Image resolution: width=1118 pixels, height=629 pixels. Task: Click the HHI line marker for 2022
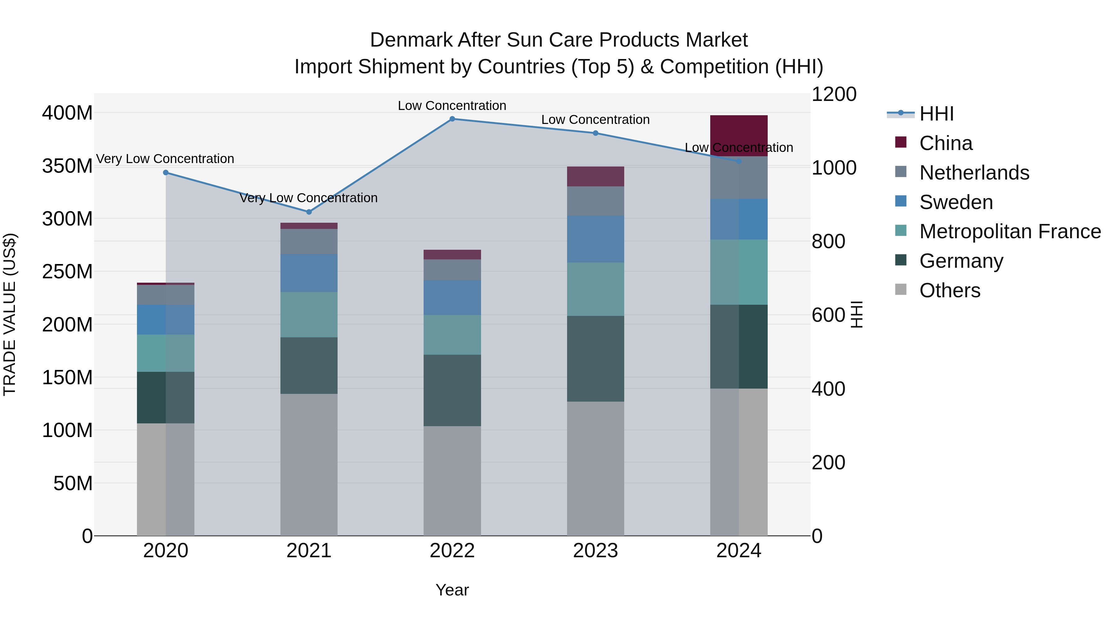(x=452, y=119)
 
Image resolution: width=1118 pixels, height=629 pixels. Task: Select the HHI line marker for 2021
(x=309, y=212)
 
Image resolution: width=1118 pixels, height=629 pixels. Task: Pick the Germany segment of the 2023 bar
(x=595, y=358)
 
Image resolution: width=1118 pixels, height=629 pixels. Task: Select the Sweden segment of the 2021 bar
(x=309, y=273)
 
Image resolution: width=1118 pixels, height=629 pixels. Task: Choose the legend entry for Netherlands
(x=974, y=173)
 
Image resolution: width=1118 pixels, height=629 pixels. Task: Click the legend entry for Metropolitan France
(x=1010, y=231)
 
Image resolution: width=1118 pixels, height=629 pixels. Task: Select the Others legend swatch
(x=901, y=289)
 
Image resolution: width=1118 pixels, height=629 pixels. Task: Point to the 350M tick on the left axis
(x=67, y=166)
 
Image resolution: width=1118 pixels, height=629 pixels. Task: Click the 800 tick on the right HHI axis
(x=828, y=241)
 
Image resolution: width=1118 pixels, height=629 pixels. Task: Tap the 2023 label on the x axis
(x=595, y=551)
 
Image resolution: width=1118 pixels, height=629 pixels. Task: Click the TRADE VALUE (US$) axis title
(x=10, y=314)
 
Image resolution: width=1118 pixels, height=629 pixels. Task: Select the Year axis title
(x=452, y=590)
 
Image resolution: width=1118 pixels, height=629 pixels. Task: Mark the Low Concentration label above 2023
(x=595, y=120)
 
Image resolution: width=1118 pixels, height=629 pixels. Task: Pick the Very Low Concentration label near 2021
(x=309, y=198)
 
